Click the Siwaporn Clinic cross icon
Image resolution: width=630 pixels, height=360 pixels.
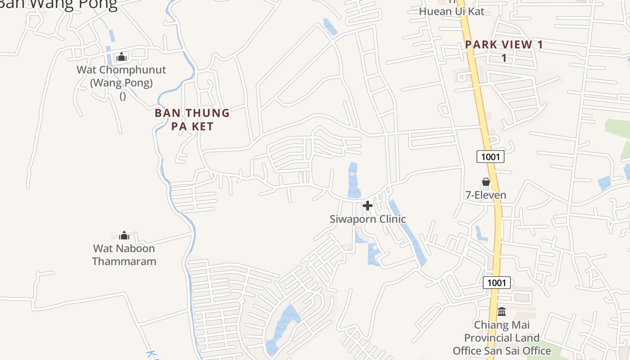(x=368, y=206)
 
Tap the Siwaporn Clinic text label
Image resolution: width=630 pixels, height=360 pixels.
(x=368, y=219)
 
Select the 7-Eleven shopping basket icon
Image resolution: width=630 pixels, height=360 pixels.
(x=486, y=182)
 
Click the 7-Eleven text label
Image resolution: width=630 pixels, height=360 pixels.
(x=486, y=195)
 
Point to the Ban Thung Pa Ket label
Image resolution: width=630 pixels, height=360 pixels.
(x=192, y=119)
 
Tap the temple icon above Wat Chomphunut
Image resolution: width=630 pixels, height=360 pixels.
(x=121, y=57)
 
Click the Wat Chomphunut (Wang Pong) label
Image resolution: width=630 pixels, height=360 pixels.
(x=121, y=76)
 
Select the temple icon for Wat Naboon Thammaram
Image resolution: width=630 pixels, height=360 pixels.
(x=124, y=235)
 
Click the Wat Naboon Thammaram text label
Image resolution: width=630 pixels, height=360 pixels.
(x=124, y=255)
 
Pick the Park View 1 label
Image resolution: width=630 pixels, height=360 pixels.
(x=504, y=45)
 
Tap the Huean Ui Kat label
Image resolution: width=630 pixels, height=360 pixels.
(x=452, y=11)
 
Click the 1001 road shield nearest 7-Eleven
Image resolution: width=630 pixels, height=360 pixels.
(x=490, y=157)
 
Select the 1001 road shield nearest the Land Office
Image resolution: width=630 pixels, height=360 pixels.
(x=497, y=283)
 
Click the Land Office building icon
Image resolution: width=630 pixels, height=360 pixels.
(x=502, y=311)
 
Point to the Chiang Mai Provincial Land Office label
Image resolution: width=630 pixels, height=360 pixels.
(x=502, y=337)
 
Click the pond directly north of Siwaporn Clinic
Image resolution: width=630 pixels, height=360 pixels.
(x=353, y=180)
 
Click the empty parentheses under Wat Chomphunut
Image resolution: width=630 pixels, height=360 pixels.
(x=122, y=96)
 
